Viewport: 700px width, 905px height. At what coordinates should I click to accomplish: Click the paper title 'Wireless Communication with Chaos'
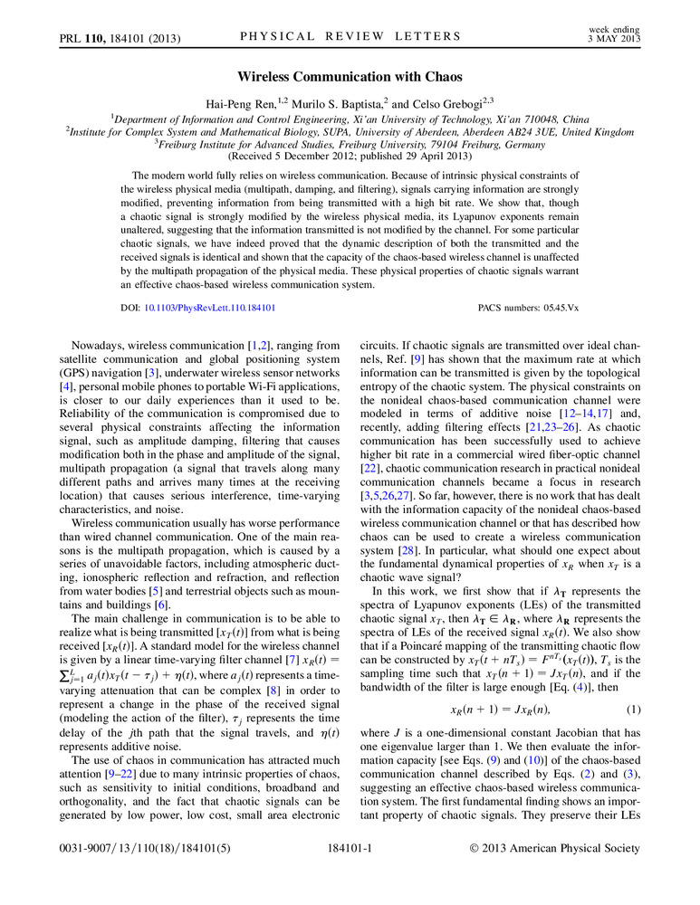point(350,78)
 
